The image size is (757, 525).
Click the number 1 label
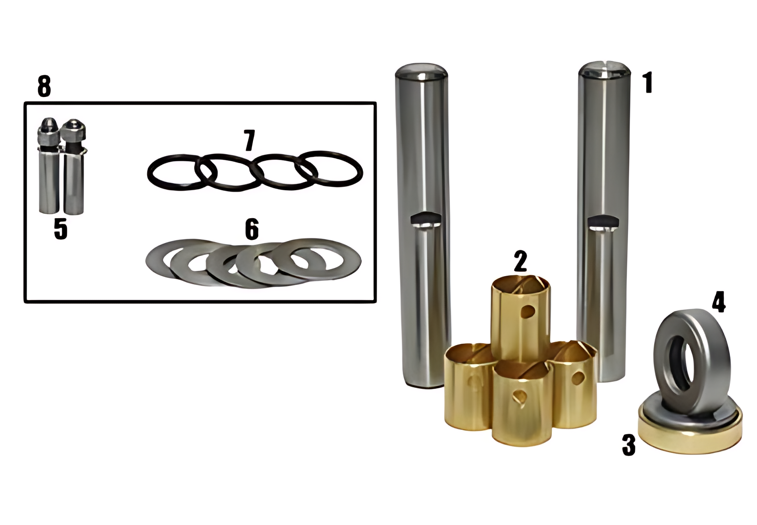pyautogui.click(x=648, y=83)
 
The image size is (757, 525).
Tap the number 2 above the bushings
pyautogui.click(x=520, y=261)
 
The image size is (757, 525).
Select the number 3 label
pyautogui.click(x=629, y=445)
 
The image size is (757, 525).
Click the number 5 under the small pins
pyautogui.click(x=61, y=229)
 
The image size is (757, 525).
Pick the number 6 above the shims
pyautogui.click(x=252, y=229)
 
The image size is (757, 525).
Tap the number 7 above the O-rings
pyautogui.click(x=249, y=140)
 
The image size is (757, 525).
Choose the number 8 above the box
pyautogui.click(x=44, y=86)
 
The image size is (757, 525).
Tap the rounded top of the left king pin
pyautogui.click(x=421, y=71)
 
